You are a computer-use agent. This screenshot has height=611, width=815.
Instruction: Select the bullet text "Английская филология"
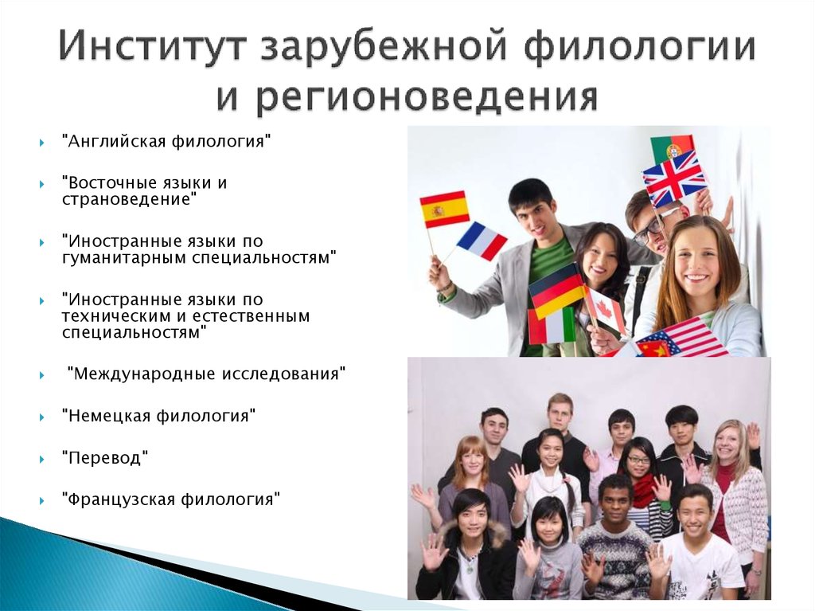click(x=166, y=141)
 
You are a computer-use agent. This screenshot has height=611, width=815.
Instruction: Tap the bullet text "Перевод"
click(x=105, y=457)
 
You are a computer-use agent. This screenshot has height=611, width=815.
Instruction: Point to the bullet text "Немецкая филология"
click(x=158, y=416)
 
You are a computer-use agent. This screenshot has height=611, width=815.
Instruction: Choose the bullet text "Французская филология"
click(x=171, y=499)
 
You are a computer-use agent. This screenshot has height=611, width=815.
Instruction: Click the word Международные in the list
click(x=145, y=374)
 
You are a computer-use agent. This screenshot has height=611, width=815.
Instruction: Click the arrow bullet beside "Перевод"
click(x=42, y=459)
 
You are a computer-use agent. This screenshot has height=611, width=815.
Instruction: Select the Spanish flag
click(x=444, y=209)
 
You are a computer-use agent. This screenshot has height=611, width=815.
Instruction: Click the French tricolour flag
click(x=482, y=241)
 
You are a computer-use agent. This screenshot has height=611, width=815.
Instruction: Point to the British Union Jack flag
click(x=675, y=178)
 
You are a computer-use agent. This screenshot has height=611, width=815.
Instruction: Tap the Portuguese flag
click(x=672, y=148)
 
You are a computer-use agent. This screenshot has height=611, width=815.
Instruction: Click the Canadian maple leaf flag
click(x=605, y=310)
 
